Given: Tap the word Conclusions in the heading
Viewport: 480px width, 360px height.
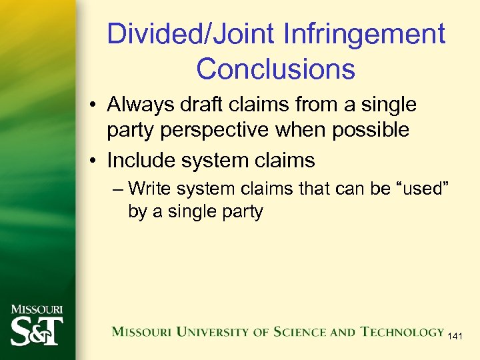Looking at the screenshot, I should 275,69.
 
